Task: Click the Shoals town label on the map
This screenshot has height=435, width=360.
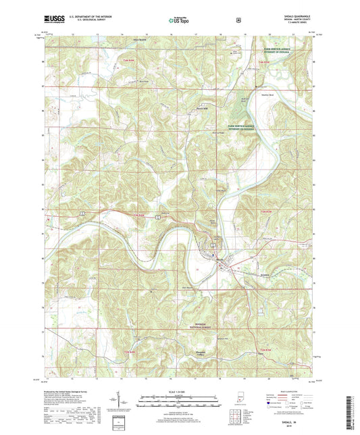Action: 220,258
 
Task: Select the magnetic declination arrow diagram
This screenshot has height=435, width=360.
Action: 118,399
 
